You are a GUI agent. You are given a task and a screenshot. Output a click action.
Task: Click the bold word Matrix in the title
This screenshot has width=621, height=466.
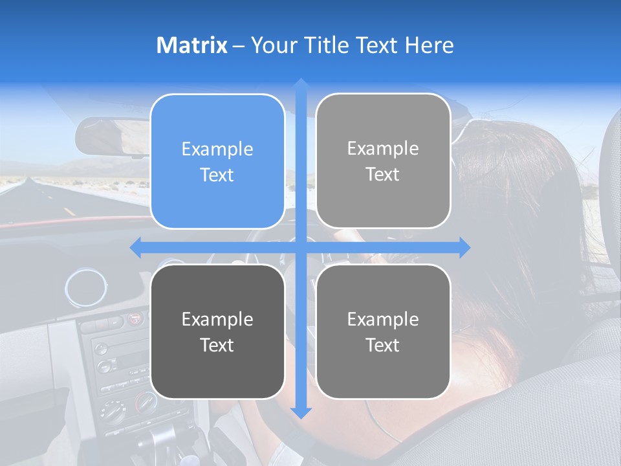(x=192, y=45)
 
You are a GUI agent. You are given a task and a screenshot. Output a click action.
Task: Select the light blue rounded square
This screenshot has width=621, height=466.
(x=217, y=161)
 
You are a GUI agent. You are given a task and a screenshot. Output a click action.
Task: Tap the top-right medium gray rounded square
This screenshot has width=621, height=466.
(x=383, y=161)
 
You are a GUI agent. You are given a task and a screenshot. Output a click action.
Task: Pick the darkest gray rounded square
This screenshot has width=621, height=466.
(x=217, y=331)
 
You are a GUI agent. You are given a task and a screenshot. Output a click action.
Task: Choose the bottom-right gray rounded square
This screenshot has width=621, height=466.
(x=383, y=331)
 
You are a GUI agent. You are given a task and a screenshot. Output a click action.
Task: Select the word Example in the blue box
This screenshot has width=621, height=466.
(x=217, y=149)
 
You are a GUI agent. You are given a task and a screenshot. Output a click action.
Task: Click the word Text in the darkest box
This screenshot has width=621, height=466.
(x=217, y=345)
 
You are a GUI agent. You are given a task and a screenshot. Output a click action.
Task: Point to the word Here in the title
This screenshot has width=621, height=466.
(x=429, y=45)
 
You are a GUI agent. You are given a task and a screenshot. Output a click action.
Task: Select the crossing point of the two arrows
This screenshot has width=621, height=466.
(x=301, y=247)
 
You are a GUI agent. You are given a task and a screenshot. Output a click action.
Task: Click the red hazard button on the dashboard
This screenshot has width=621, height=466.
(x=135, y=318)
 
